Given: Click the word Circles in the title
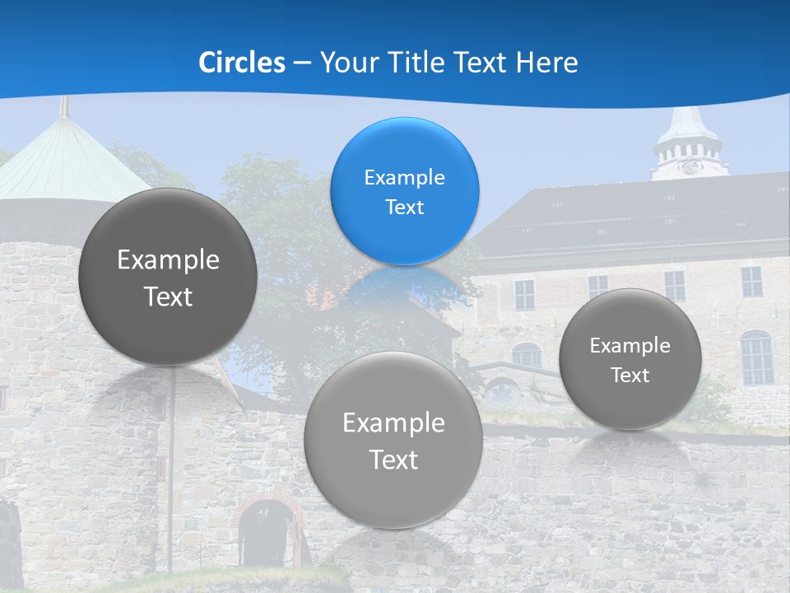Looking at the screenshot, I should click(242, 63).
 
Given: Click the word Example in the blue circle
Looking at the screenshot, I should click(404, 178).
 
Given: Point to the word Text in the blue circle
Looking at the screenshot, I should click(404, 208).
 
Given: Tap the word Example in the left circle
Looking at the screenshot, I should click(168, 260).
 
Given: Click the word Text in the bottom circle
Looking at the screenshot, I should click(393, 460).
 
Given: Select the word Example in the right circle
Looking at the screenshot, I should click(630, 346).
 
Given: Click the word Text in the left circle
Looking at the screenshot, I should click(168, 296).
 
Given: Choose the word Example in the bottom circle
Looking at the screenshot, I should click(393, 423).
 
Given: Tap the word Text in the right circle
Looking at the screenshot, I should click(630, 376).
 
